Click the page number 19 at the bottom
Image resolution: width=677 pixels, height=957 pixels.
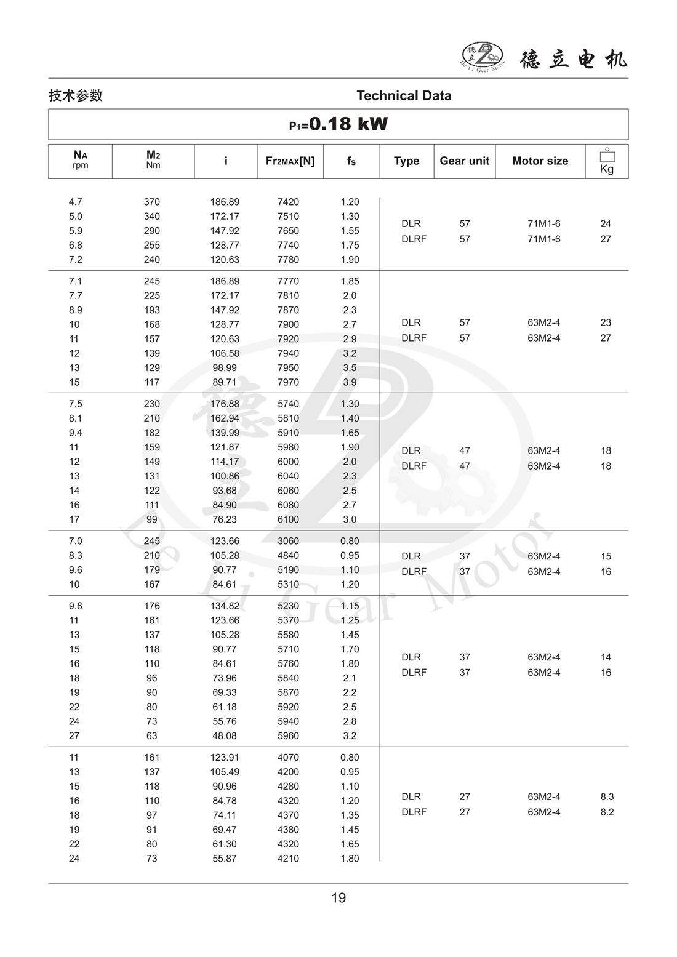tap(338, 898)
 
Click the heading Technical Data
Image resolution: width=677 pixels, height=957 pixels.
tap(404, 95)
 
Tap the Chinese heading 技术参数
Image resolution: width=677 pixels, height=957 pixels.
tap(76, 95)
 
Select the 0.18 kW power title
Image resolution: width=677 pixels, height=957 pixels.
tap(338, 124)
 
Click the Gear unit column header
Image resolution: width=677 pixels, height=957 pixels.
tap(464, 161)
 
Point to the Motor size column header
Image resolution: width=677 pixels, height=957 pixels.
tap(540, 161)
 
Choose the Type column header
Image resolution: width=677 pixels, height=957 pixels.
tap(406, 161)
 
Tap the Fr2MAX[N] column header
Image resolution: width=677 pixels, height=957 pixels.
tap(290, 161)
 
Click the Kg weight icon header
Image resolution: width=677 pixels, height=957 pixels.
tap(607, 161)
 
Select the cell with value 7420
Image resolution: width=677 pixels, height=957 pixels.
tap(288, 202)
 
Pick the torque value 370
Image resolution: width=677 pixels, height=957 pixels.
tap(151, 202)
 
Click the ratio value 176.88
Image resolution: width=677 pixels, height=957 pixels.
tap(225, 404)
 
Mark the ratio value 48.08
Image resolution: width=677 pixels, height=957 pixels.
tap(225, 735)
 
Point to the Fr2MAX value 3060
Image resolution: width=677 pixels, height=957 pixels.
tap(288, 541)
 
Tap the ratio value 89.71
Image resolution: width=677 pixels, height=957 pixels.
tap(225, 382)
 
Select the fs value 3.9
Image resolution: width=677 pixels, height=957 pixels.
tap(350, 382)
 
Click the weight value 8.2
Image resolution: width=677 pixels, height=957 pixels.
tap(607, 812)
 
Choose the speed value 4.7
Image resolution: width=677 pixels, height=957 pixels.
tap(75, 202)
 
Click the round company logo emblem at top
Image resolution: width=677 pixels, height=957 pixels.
tap(483, 57)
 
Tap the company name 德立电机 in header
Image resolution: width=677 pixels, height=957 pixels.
tap(574, 59)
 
